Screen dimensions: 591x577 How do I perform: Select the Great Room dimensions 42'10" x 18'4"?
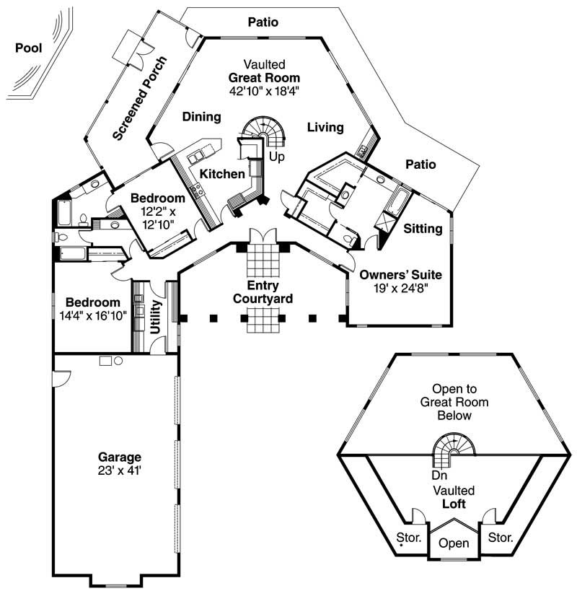[x=264, y=91]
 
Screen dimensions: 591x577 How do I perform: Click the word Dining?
[x=201, y=117]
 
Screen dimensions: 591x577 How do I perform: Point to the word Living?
[x=325, y=128]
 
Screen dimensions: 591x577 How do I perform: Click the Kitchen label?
[x=222, y=174]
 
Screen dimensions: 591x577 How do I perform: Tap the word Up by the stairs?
[x=276, y=156]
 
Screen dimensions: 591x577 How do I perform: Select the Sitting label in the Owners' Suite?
[x=423, y=229]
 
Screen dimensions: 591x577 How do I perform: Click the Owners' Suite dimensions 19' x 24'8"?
[x=400, y=289]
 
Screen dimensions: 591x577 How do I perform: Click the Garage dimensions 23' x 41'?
[x=120, y=470]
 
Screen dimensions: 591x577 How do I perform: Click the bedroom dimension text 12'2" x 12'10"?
[x=158, y=217]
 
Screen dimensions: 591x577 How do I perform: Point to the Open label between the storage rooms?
[x=454, y=543]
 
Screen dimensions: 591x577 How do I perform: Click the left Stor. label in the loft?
[x=408, y=537]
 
